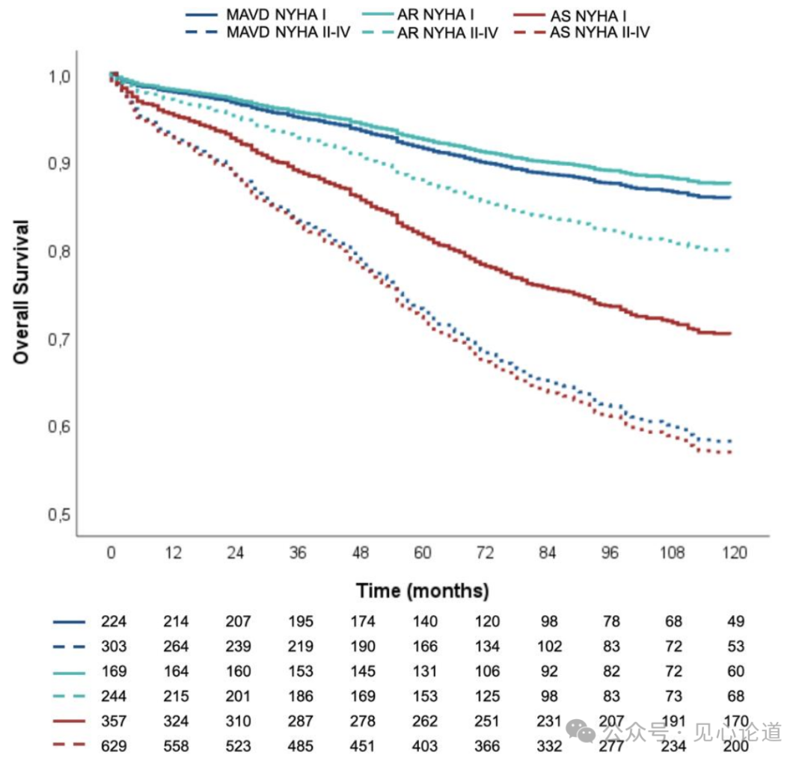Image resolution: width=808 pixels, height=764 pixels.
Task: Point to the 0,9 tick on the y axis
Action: [x=59, y=164]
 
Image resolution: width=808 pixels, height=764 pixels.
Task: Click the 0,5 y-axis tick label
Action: [x=59, y=515]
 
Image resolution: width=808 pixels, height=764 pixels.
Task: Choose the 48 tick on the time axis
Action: [x=360, y=553]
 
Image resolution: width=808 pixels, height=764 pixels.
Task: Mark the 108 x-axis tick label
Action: [x=672, y=553]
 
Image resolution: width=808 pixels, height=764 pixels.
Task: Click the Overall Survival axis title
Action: [x=21, y=293]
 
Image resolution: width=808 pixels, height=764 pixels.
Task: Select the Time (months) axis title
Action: [x=423, y=591]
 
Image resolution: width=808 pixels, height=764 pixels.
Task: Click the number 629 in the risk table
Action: [x=114, y=746]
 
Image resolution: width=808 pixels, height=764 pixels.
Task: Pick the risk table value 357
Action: [x=114, y=721]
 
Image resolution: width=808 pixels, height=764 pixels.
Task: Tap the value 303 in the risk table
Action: [x=114, y=647]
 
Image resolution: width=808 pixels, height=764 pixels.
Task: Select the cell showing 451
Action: [x=363, y=746]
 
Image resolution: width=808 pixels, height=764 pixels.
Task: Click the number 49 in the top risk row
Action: [x=736, y=622]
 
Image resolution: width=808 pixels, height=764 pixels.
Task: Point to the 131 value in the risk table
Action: [x=425, y=671]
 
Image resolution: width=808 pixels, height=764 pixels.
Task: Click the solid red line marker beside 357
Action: [x=69, y=721]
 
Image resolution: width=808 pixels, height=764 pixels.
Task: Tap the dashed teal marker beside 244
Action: [x=69, y=697]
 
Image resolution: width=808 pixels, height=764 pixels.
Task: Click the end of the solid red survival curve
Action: [x=730, y=334]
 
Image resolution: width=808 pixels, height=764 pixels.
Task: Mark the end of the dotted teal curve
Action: [x=729, y=251]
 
